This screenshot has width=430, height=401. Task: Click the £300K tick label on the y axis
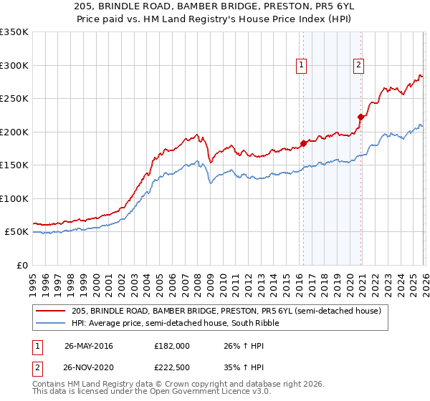click(x=14, y=65)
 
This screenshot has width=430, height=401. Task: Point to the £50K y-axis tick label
click(x=16, y=232)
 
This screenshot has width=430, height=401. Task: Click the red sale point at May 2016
click(x=303, y=143)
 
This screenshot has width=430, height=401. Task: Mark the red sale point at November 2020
click(x=360, y=117)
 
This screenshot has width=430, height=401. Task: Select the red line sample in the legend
click(x=52, y=311)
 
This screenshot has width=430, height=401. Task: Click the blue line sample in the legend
click(x=52, y=323)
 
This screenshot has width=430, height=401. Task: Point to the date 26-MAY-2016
click(x=88, y=345)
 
